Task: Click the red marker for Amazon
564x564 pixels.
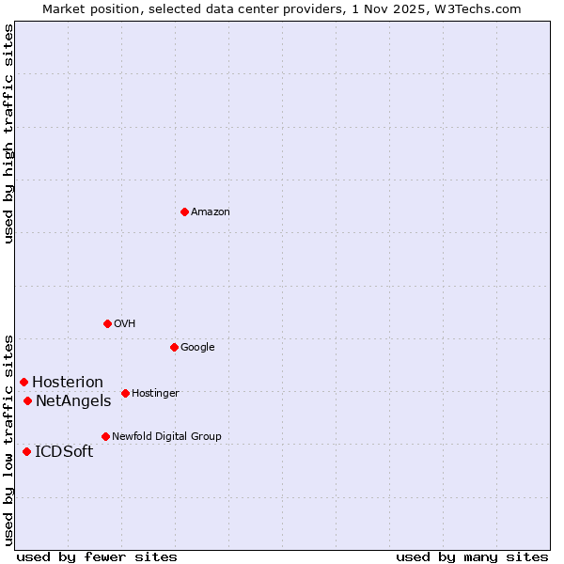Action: pos(184,211)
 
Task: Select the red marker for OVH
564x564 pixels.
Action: pos(107,323)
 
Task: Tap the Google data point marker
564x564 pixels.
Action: pos(174,347)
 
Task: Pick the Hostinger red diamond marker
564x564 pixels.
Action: pos(125,393)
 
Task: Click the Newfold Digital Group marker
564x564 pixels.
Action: pos(105,436)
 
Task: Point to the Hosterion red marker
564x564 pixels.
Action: pos(23,382)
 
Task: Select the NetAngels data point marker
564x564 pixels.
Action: pos(27,400)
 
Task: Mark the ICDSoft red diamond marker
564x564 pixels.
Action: pos(26,451)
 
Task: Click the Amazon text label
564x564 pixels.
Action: pos(210,212)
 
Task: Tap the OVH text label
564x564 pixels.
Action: pos(125,324)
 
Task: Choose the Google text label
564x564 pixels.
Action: pos(197,348)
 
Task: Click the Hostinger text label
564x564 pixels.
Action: pos(155,394)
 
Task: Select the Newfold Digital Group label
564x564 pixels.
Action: pos(166,437)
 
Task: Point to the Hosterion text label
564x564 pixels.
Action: pos(68,383)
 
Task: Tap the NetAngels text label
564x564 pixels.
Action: pos(73,401)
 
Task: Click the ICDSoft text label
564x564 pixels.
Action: pos(64,452)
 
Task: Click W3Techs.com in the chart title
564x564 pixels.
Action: pos(486,8)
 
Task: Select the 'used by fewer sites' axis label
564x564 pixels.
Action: pos(97,557)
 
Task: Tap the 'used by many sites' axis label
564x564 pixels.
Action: pos(472,557)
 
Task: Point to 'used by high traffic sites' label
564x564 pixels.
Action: pos(8,133)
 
